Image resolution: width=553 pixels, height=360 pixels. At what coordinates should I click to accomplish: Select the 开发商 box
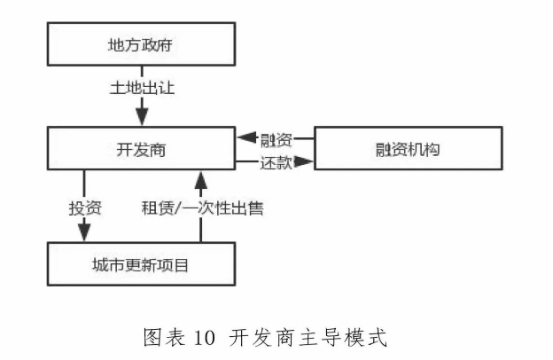(141, 149)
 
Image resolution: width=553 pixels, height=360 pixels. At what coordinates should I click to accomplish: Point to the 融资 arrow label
(276, 138)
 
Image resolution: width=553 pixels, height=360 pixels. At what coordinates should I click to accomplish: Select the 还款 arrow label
(276, 162)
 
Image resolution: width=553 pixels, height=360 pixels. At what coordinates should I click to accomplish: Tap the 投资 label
(85, 209)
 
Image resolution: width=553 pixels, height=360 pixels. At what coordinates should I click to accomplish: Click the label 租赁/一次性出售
(202, 209)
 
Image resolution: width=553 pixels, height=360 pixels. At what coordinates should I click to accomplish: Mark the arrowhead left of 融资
(245, 138)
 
